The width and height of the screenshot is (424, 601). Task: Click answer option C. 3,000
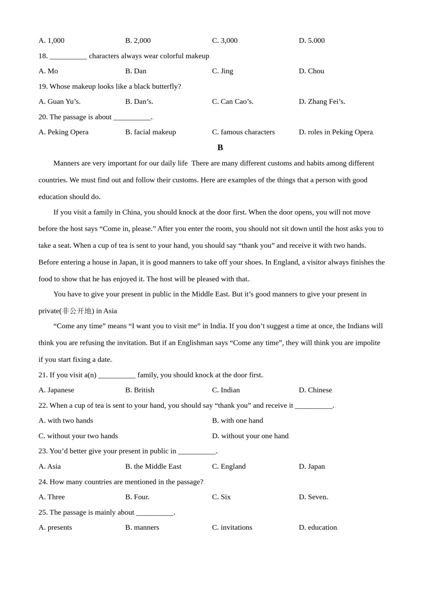[x=224, y=41]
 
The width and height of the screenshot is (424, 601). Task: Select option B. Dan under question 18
[x=136, y=71]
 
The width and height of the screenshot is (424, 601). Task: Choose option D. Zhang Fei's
[x=322, y=102]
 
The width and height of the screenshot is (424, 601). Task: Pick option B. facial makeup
[x=150, y=132]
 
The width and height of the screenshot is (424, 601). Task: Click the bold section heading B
[x=220, y=148]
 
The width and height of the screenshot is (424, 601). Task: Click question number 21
[x=43, y=375]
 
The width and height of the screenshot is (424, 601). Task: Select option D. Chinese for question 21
[x=316, y=390]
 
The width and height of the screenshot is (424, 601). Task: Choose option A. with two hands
[x=66, y=420]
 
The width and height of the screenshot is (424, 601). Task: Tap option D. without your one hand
[x=250, y=436]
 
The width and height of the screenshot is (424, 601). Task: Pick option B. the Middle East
[x=153, y=466]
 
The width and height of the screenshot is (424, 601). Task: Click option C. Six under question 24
[x=221, y=497]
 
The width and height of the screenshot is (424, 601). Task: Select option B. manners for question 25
[x=142, y=527]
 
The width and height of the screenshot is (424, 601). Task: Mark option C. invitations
[x=232, y=527]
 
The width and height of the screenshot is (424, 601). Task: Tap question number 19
[x=43, y=86]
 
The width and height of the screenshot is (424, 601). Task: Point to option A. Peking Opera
[x=63, y=132]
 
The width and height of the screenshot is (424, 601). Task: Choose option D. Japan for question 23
[x=312, y=466]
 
